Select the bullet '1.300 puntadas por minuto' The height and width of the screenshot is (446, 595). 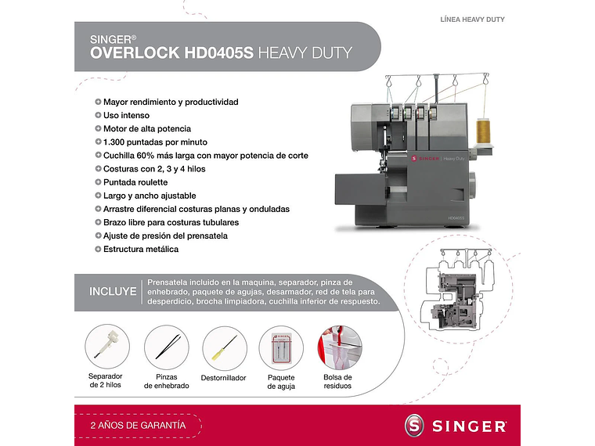click(x=155, y=142)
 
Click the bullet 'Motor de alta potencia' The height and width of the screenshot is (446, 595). click(x=147, y=129)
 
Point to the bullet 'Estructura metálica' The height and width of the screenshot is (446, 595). click(x=141, y=249)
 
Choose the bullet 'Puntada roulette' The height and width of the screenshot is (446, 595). click(x=135, y=182)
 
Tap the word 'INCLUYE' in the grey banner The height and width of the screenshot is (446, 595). click(x=113, y=292)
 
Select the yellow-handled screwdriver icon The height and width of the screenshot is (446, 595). click(x=224, y=348)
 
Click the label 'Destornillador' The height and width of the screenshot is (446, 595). click(x=224, y=378)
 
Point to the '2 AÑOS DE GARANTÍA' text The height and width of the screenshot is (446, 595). click(x=139, y=425)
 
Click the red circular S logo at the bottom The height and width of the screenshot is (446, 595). click(x=416, y=425)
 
